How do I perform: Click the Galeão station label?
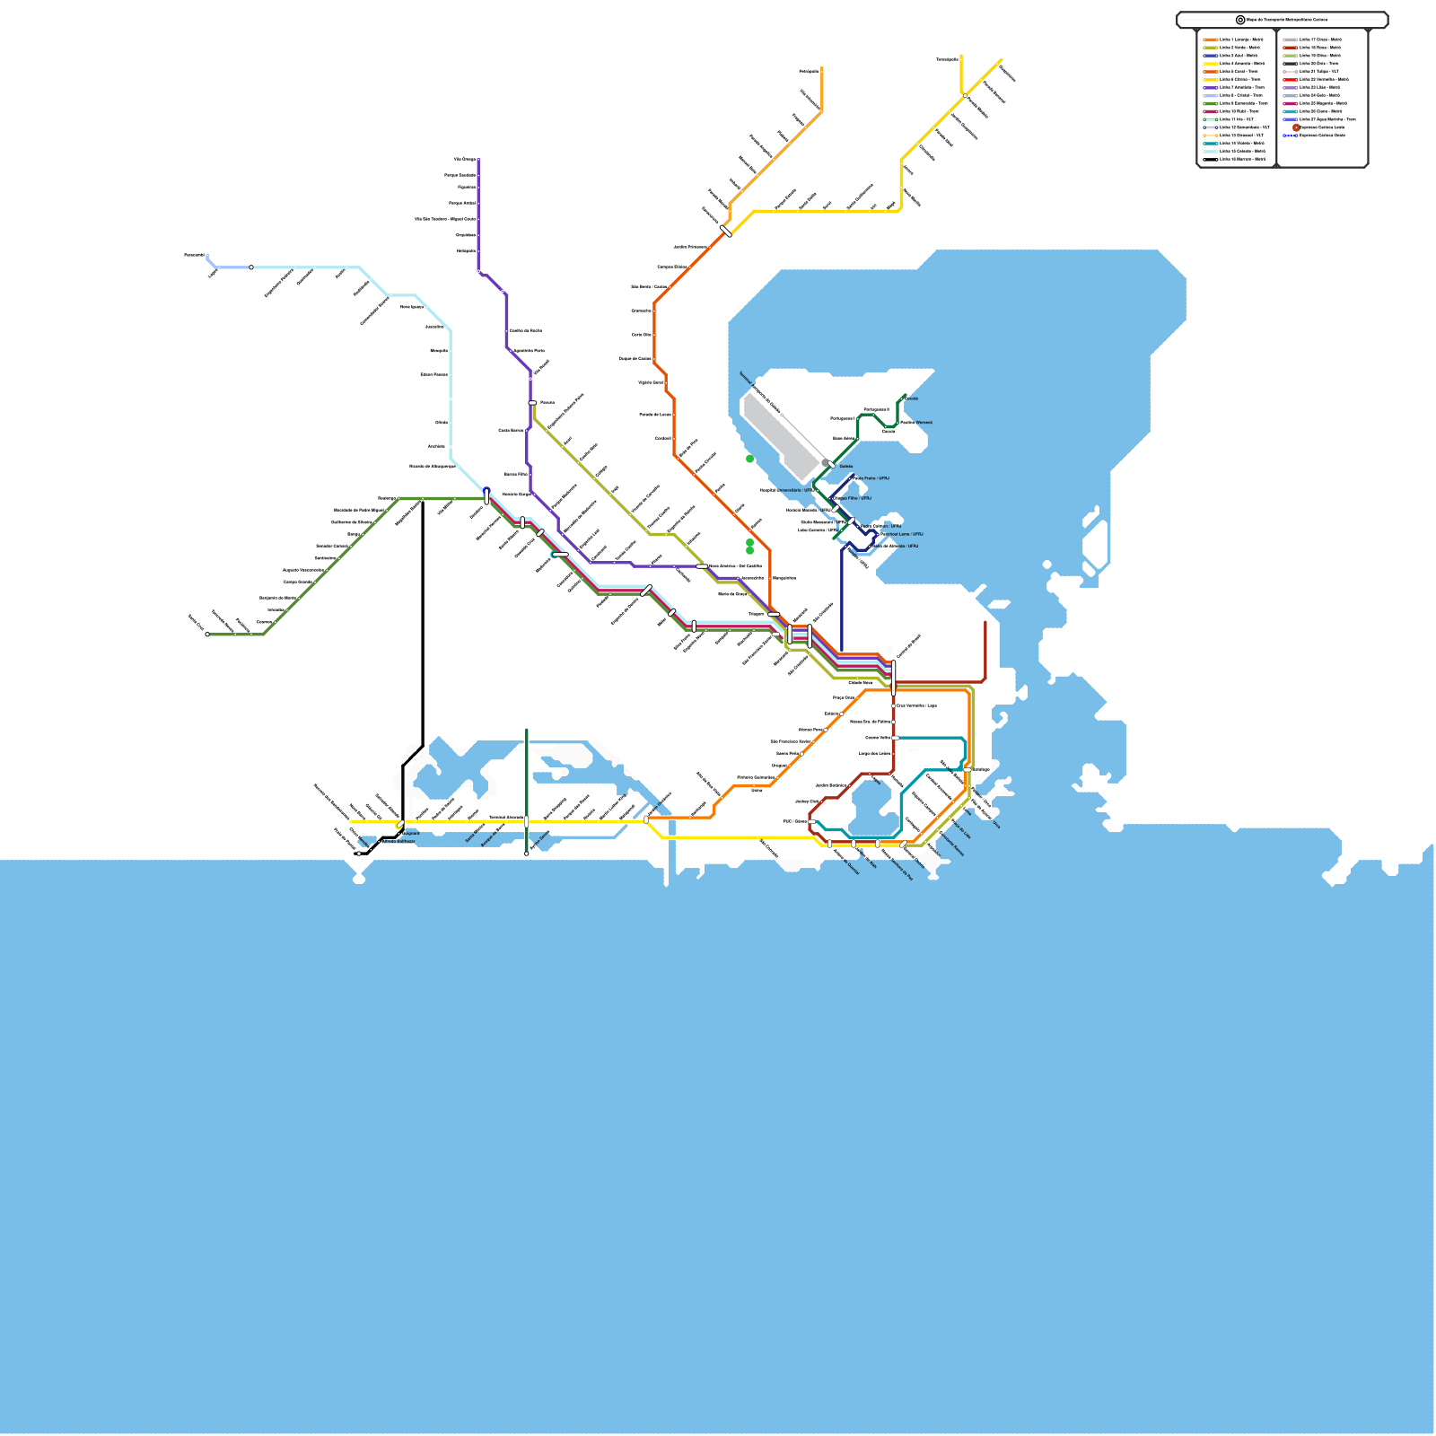(x=846, y=467)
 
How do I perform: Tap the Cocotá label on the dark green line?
(x=911, y=398)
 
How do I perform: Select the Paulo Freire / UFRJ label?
(x=871, y=478)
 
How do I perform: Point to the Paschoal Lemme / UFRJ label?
(x=901, y=534)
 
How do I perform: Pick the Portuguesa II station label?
(x=876, y=409)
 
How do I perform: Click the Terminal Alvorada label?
(x=506, y=818)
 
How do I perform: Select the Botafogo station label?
(x=981, y=769)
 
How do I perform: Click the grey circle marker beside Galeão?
(x=826, y=463)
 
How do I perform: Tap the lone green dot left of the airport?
(x=750, y=459)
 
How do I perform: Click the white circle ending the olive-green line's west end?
(x=207, y=635)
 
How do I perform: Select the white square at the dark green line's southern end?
(x=527, y=854)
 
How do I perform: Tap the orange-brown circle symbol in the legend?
(x=1296, y=127)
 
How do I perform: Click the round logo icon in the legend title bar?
(x=1240, y=20)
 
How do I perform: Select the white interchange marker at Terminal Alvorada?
(x=527, y=821)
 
